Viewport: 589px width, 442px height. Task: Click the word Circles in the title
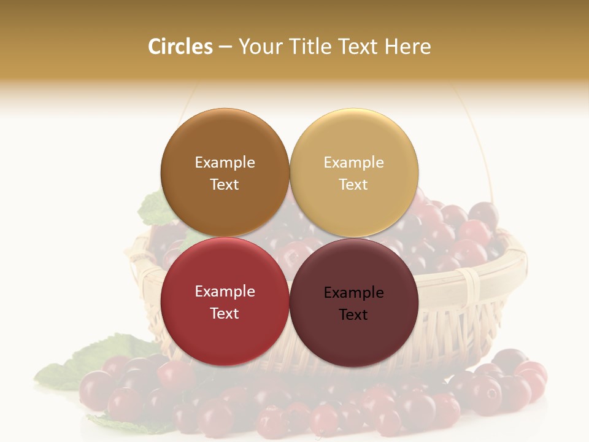coord(180,47)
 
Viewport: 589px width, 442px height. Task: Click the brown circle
coord(225,141)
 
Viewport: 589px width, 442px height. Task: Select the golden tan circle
coord(354,141)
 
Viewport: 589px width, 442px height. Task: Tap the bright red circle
coord(225,331)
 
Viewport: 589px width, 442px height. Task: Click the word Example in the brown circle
coord(225,162)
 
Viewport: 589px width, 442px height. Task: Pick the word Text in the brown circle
coord(225,184)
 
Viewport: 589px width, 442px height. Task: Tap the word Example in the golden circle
coord(353,162)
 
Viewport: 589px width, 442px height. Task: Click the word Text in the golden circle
coord(353,184)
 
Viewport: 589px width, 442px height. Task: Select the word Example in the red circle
coord(225,291)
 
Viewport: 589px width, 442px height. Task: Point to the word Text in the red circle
coord(225,313)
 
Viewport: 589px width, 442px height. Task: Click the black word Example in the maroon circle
coord(353,292)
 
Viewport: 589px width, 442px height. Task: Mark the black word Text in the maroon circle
coord(353,314)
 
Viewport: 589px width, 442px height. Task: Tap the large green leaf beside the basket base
coord(86,359)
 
